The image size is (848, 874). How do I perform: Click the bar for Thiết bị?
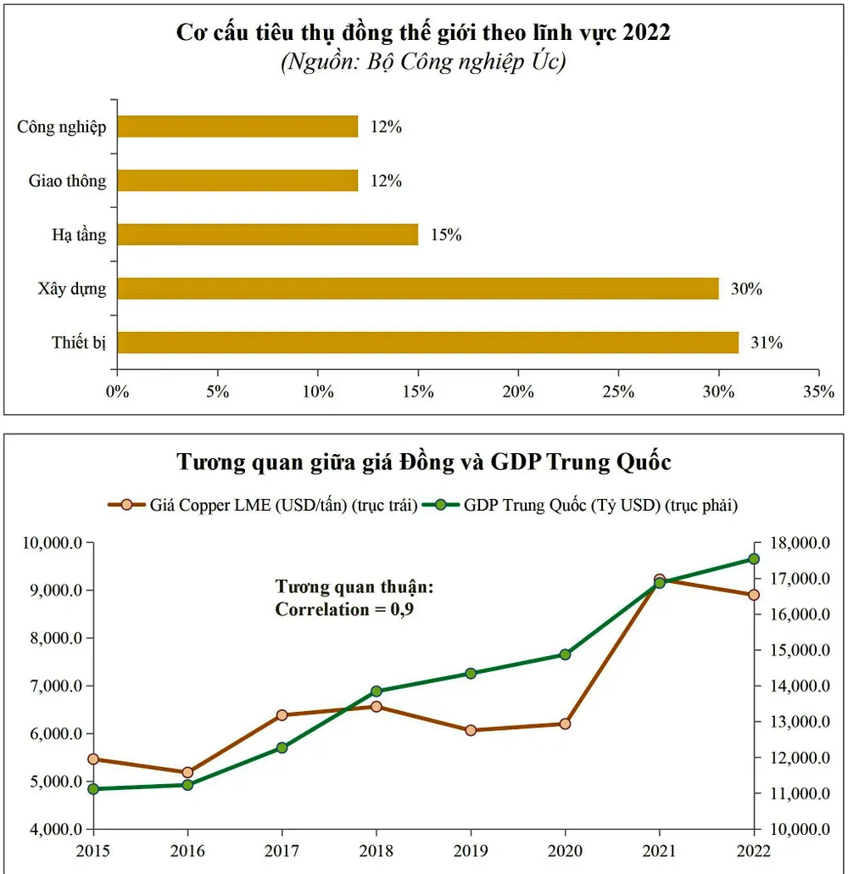coord(428,343)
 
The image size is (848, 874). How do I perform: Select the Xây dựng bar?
coord(418,289)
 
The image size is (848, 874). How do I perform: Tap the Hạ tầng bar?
coord(268,234)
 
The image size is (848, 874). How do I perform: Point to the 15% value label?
coord(446,235)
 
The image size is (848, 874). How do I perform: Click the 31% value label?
coord(767,343)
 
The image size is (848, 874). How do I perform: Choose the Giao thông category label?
coord(68,181)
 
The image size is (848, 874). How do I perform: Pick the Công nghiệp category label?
coord(62,127)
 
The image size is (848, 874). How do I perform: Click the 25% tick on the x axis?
coord(618,391)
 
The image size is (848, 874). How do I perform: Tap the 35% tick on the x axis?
coord(818,391)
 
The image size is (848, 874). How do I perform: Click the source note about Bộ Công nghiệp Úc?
coord(423,64)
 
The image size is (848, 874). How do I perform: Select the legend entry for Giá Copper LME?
coord(262,505)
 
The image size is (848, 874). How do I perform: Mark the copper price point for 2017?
coord(282,715)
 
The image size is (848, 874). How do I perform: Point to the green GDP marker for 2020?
coord(565,654)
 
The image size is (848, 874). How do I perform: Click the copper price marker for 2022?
coord(754,595)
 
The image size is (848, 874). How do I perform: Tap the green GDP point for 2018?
coord(377,692)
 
